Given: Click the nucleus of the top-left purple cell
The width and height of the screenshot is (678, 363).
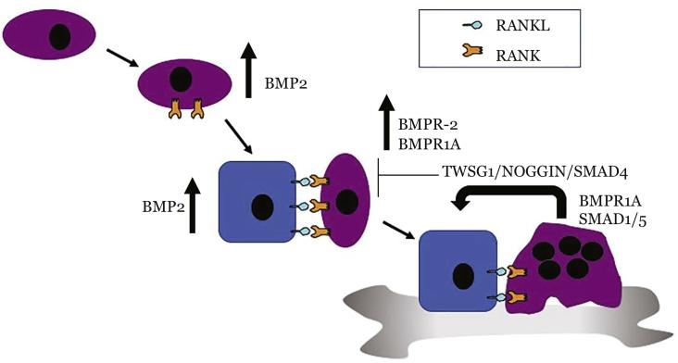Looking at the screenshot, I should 58,36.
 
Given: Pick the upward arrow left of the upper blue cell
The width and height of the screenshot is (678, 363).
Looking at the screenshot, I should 194,205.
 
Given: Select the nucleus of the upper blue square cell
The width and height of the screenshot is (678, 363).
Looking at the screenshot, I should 264,204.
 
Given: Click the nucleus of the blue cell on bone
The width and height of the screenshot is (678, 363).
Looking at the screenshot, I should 462,275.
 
